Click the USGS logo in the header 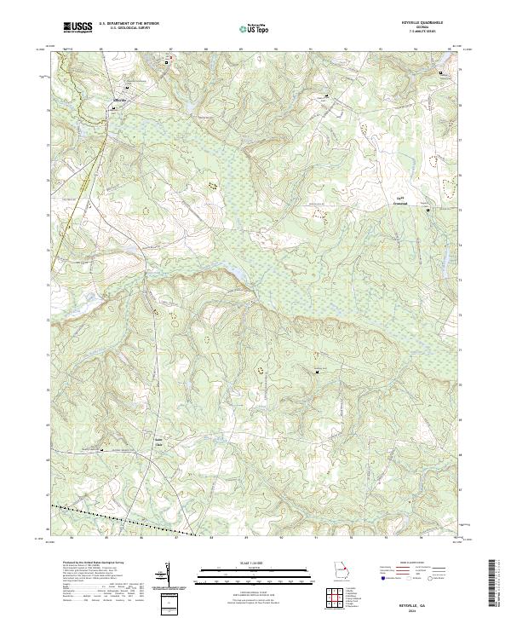(78, 27)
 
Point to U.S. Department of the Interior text (129, 24)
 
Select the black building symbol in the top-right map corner (441, 74)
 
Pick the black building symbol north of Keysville (166, 62)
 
